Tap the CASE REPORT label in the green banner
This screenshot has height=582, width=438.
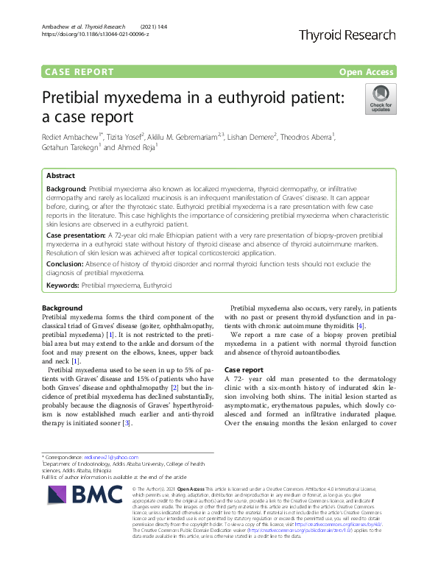pos(80,72)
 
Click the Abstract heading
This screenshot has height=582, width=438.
pos(60,177)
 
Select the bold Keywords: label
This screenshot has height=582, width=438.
pos(63,284)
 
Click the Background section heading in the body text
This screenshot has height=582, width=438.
pos(63,307)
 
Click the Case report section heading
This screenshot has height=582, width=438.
pos(244,369)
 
